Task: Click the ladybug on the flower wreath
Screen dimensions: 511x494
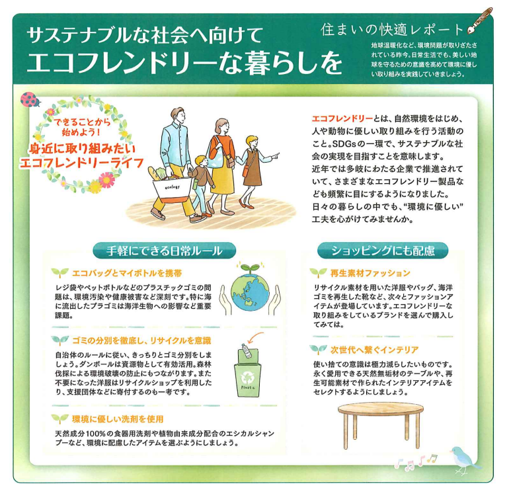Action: click(x=30, y=100)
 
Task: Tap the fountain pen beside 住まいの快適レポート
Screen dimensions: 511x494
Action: click(x=480, y=21)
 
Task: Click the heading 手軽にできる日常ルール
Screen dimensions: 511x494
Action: click(x=165, y=251)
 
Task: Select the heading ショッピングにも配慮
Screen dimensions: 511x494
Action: click(x=383, y=251)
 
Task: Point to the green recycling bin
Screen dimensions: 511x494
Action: click(x=248, y=372)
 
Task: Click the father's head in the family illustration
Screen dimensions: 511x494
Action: click(x=178, y=116)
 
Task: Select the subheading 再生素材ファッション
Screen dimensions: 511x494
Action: click(x=370, y=273)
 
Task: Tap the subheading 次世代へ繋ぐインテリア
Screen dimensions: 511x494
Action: click(x=374, y=350)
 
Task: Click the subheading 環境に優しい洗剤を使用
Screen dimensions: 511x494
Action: click(x=118, y=419)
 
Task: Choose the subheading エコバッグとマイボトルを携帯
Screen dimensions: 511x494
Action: click(x=127, y=273)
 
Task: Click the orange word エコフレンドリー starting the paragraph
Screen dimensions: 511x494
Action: click(x=342, y=118)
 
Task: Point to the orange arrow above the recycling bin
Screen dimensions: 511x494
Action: click(x=255, y=337)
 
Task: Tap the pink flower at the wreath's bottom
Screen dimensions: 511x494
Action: click(x=106, y=179)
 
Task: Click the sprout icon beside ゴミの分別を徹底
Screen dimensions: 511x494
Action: click(x=60, y=340)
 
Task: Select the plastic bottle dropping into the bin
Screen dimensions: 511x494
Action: click(x=247, y=351)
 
